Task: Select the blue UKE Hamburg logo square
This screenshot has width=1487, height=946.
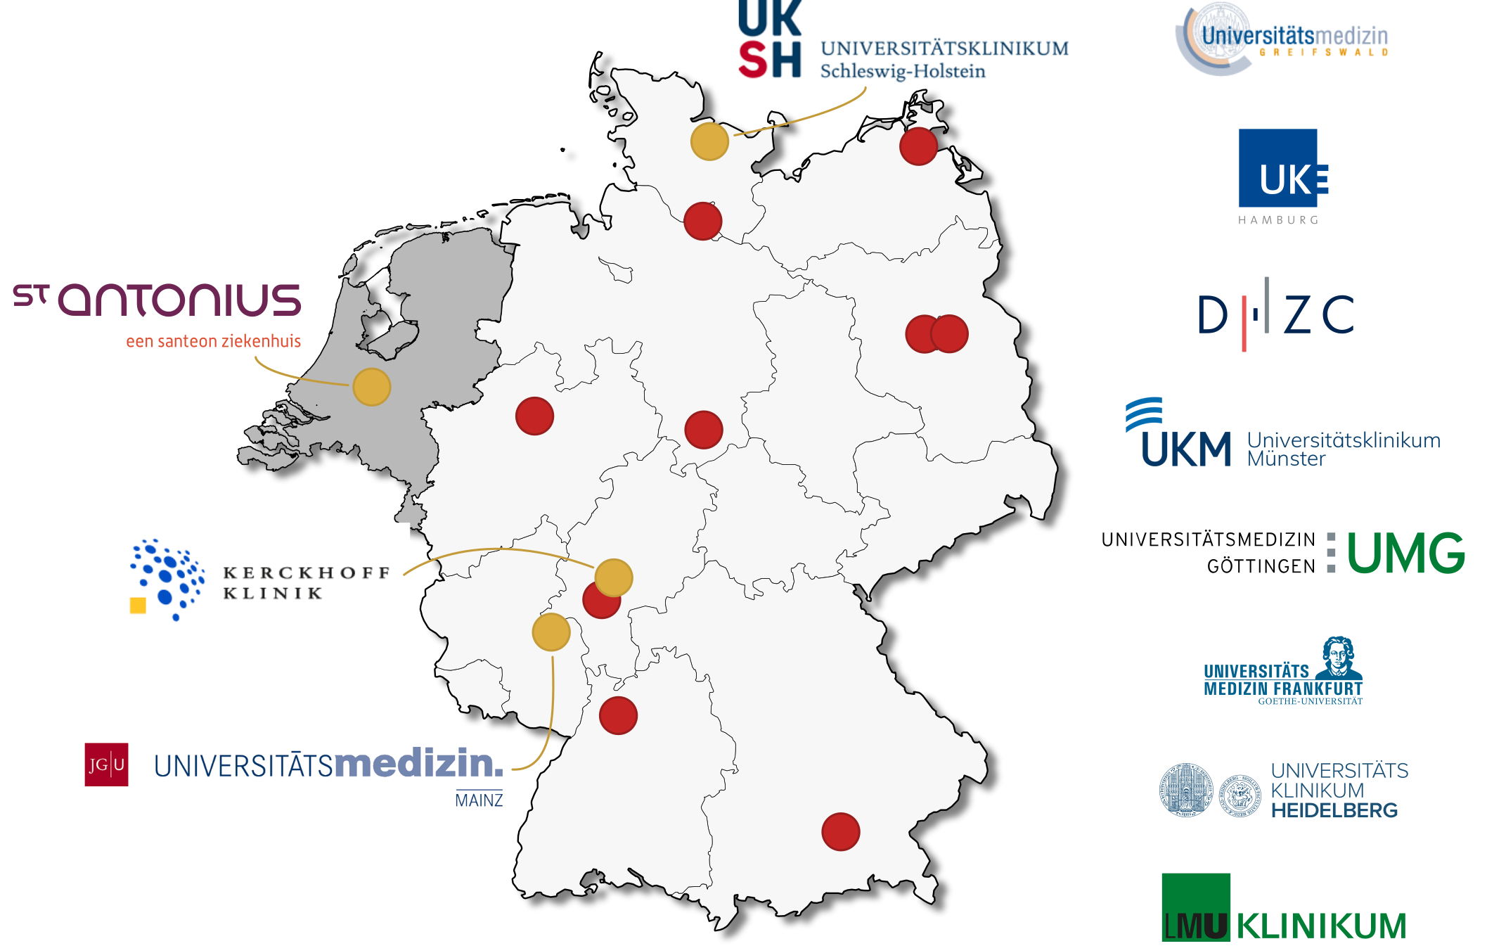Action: [1278, 168]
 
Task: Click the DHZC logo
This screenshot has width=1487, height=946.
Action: [1275, 314]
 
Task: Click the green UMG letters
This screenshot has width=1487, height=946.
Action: [1405, 554]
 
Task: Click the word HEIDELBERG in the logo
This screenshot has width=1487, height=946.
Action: [1334, 811]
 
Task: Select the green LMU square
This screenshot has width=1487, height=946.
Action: [1195, 907]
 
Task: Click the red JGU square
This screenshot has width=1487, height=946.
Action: [106, 765]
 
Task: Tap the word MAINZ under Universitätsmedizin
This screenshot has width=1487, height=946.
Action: [479, 800]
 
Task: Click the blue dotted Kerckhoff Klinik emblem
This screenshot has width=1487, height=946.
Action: [167, 579]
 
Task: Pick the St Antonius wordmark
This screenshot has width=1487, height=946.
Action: [158, 300]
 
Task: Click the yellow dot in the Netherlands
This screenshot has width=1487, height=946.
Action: [372, 387]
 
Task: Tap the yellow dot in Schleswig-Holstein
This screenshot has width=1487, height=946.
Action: [709, 141]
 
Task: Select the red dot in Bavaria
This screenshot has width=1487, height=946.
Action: [840, 831]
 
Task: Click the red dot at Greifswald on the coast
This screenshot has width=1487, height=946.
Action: [918, 146]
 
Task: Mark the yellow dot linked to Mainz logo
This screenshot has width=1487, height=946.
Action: [551, 632]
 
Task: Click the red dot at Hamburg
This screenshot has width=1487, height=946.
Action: [702, 221]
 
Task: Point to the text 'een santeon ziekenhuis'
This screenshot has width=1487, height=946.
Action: [213, 342]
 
